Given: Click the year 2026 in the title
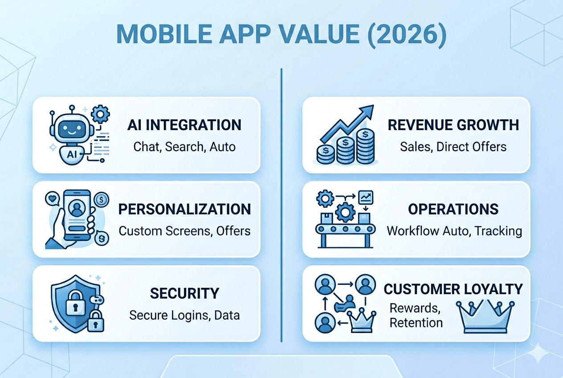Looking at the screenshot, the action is tap(407, 34).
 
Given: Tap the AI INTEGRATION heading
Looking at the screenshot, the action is tap(184, 125).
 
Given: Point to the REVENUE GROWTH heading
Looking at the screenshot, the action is tap(453, 125).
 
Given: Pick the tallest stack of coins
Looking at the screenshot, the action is tap(365, 147).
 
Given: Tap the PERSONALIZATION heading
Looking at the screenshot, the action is tap(184, 209).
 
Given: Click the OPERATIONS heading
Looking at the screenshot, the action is tap(453, 209).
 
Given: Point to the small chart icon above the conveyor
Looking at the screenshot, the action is tap(366, 197).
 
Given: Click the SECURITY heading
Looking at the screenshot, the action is tap(184, 293).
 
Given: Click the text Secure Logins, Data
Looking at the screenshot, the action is tap(184, 315).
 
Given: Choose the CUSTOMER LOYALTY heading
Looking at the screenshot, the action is tap(453, 289).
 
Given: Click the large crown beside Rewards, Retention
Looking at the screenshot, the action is tap(485, 317).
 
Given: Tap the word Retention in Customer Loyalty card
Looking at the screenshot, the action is tap(416, 323).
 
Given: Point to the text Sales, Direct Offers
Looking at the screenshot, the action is tap(453, 147).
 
